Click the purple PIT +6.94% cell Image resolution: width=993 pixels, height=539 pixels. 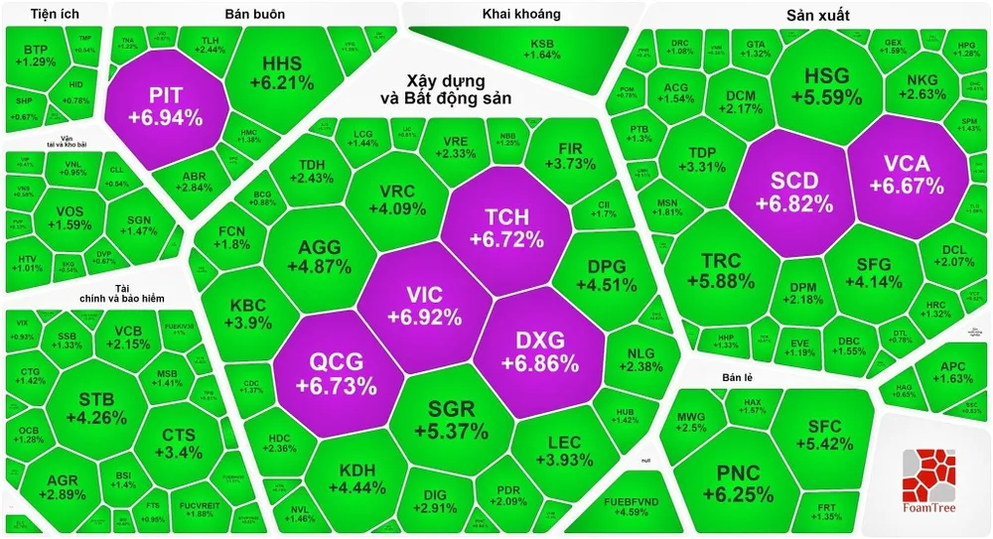pyautogui.click(x=165, y=106)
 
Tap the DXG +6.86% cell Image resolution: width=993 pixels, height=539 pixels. pyautogui.click(x=540, y=350)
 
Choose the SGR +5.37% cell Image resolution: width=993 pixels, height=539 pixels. pyautogui.click(x=452, y=420)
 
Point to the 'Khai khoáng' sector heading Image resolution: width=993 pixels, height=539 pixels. pyautogui.click(x=521, y=14)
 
